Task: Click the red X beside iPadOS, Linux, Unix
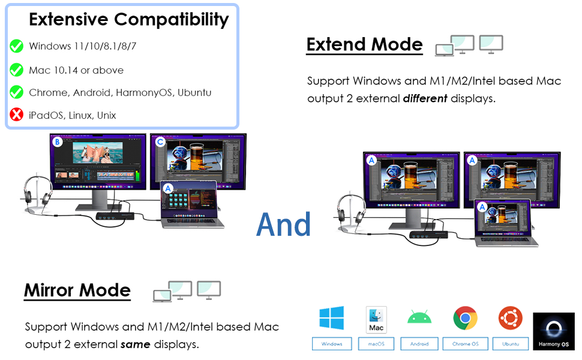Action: [x=16, y=115]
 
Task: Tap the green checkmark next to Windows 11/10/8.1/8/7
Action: [x=16, y=46]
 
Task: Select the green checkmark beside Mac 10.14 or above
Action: [x=16, y=70]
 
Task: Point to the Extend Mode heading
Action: [x=364, y=44]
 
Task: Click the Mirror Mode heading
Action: [x=77, y=290]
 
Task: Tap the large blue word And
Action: [x=284, y=224]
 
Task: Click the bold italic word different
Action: [x=425, y=98]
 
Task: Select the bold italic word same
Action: [x=135, y=344]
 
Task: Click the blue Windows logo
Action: [x=331, y=317]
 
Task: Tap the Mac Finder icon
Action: [x=376, y=320]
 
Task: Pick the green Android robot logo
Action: [x=419, y=317]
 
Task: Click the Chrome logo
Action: [x=465, y=318]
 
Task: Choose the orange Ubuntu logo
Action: [x=511, y=318]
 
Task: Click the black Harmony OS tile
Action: [x=554, y=331]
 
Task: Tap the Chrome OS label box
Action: [x=466, y=344]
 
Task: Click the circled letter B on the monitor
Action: [x=57, y=142]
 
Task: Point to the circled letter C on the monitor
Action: [x=160, y=142]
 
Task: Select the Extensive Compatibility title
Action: [x=129, y=20]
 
